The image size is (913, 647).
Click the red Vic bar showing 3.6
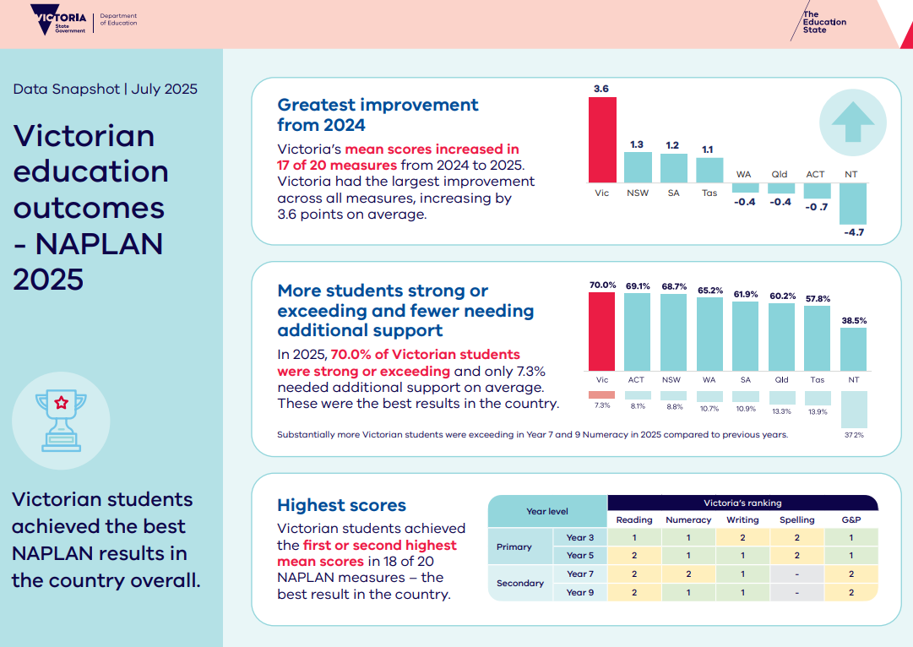click(x=602, y=139)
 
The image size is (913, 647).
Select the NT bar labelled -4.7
click(x=853, y=204)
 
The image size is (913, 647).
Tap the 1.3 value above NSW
click(x=637, y=144)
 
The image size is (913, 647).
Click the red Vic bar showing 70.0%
click(x=602, y=331)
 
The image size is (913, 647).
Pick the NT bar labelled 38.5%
click(x=854, y=350)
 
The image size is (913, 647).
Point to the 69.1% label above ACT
click(x=638, y=286)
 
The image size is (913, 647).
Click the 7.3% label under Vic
click(x=602, y=405)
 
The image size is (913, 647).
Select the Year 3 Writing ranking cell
click(x=742, y=537)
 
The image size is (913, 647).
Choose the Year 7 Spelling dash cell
click(x=796, y=574)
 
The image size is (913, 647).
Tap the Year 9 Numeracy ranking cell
click(x=688, y=592)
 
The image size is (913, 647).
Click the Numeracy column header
click(x=688, y=519)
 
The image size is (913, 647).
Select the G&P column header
click(x=851, y=519)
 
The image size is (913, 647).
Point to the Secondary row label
click(x=520, y=583)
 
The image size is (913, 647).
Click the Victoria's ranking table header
click(x=742, y=503)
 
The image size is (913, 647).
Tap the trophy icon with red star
click(x=61, y=421)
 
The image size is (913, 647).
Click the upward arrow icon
click(x=853, y=122)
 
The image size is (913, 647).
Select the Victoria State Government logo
click(x=58, y=19)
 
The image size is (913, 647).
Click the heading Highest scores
click(x=341, y=505)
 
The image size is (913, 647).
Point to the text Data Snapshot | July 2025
click(x=106, y=89)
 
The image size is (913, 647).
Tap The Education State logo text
click(x=824, y=22)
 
